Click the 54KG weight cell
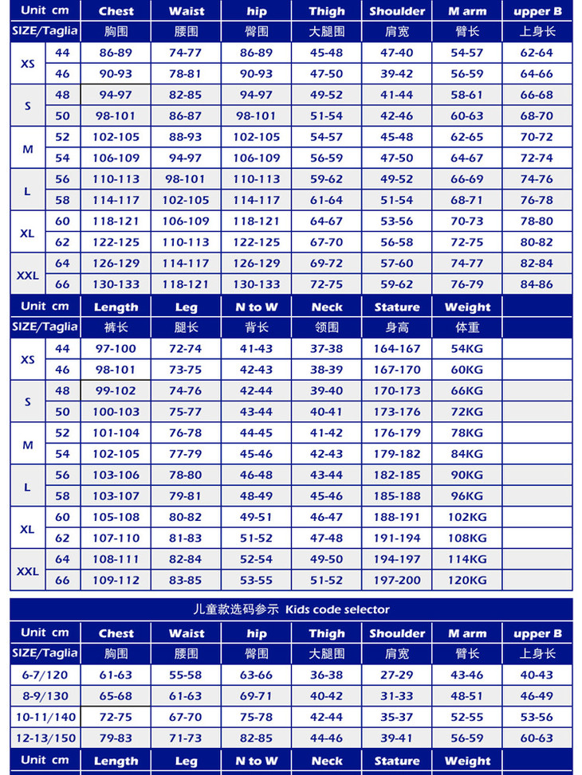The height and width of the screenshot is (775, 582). coord(467,349)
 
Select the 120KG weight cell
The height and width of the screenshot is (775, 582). coord(467,581)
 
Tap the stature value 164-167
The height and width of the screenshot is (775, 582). coord(397,349)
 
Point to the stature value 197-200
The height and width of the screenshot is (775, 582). coord(397,581)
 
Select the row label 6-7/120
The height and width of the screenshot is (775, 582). coord(45,675)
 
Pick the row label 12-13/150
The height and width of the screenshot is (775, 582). coord(45,738)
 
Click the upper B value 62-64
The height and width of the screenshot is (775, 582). coord(537,53)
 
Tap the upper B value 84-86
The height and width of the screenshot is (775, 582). coord(537,284)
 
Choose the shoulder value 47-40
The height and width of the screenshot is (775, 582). coord(397,53)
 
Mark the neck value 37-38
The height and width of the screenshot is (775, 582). coord(327,349)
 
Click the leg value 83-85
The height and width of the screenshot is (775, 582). coord(186,581)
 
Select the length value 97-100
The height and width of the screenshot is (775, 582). coord(116,349)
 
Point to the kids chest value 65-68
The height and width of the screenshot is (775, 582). coord(116,695)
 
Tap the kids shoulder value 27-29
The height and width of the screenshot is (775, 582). coord(397,675)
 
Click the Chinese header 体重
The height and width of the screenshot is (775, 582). coord(467,327)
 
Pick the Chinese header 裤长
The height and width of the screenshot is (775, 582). coord(116,327)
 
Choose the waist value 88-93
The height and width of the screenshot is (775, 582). coord(186,137)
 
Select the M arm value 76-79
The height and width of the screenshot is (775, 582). coord(467,284)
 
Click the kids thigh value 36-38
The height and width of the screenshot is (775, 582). coord(327,675)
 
